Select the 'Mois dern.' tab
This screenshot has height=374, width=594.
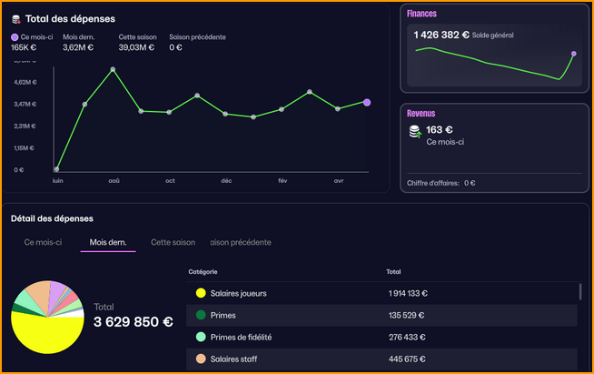pyautogui.click(x=107, y=243)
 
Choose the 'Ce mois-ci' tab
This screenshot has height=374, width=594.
pyautogui.click(x=43, y=243)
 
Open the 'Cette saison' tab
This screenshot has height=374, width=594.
pyautogui.click(x=173, y=243)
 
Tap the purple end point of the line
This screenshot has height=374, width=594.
pyautogui.click(x=367, y=102)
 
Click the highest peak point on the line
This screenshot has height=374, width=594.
pyautogui.click(x=113, y=69)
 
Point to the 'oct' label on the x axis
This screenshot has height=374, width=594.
pyautogui.click(x=170, y=180)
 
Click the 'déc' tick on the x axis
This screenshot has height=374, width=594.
pyautogui.click(x=226, y=180)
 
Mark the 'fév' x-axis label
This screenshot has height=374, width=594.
pyautogui.click(x=282, y=180)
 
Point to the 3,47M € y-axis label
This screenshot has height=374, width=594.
pyautogui.click(x=25, y=104)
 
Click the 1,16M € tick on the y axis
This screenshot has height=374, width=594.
pyautogui.click(x=25, y=147)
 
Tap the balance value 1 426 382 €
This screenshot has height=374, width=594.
pyautogui.click(x=441, y=35)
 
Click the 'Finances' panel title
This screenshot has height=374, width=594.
pyautogui.click(x=421, y=14)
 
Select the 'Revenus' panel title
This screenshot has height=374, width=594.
pyautogui.click(x=421, y=114)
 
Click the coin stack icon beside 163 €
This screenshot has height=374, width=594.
pyautogui.click(x=415, y=132)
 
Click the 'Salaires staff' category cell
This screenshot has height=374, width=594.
pyautogui.click(x=234, y=358)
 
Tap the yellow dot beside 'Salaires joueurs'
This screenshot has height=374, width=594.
pyautogui.click(x=200, y=293)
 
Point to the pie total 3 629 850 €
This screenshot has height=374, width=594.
pyautogui.click(x=133, y=322)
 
